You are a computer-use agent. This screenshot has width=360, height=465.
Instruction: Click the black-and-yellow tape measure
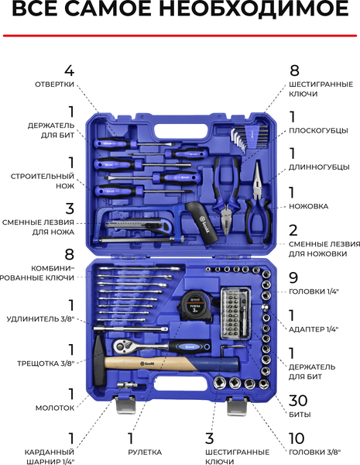[x=195, y=305]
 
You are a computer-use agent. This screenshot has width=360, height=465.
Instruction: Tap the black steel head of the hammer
[x=99, y=361]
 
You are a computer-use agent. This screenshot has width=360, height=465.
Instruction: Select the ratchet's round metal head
[x=122, y=346]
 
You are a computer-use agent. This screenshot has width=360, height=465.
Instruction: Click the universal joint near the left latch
[x=127, y=385]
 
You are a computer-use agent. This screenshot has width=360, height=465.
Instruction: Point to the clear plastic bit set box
[x=236, y=313]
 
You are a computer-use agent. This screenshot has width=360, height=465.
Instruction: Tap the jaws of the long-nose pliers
[x=256, y=178]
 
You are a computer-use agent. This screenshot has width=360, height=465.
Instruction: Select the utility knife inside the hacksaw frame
[x=139, y=225]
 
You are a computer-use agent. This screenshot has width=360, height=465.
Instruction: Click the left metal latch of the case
[x=125, y=405]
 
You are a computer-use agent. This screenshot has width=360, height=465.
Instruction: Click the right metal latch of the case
[x=237, y=406]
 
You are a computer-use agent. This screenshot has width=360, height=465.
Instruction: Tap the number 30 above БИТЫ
[x=298, y=401]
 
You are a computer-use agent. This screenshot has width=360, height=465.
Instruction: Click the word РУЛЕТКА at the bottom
[x=145, y=453]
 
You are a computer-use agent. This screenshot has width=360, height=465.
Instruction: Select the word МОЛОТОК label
[x=55, y=408]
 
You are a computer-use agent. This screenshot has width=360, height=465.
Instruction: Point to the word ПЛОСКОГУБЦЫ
[x=318, y=131]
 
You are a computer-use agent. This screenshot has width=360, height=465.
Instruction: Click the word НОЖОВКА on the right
[x=308, y=206]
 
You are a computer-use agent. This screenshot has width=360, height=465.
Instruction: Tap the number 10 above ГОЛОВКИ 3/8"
[x=297, y=439]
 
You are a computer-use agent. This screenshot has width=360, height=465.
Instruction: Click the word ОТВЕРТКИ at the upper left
[x=54, y=84]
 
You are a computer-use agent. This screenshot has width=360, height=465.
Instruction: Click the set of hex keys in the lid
[x=249, y=138]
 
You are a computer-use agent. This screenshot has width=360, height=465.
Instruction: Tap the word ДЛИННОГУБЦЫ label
[x=319, y=167]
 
